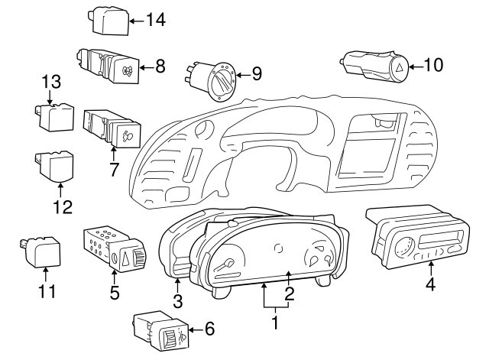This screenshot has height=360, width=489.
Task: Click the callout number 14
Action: (x=156, y=20)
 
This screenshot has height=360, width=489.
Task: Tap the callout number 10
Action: (x=433, y=65)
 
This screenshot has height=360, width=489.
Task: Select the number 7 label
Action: (x=114, y=170)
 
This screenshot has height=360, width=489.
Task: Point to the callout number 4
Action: (x=431, y=284)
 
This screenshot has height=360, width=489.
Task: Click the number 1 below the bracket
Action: (x=275, y=323)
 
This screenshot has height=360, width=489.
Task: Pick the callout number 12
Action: (x=63, y=206)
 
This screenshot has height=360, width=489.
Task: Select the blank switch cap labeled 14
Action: (x=111, y=21)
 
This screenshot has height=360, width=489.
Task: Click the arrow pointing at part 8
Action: (x=146, y=67)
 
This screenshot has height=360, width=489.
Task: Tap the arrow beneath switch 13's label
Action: (x=50, y=96)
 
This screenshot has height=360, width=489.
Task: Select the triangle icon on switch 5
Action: (x=125, y=258)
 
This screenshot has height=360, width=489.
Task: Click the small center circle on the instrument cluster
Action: (x=278, y=248)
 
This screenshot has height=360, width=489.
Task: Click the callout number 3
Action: (x=177, y=301)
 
